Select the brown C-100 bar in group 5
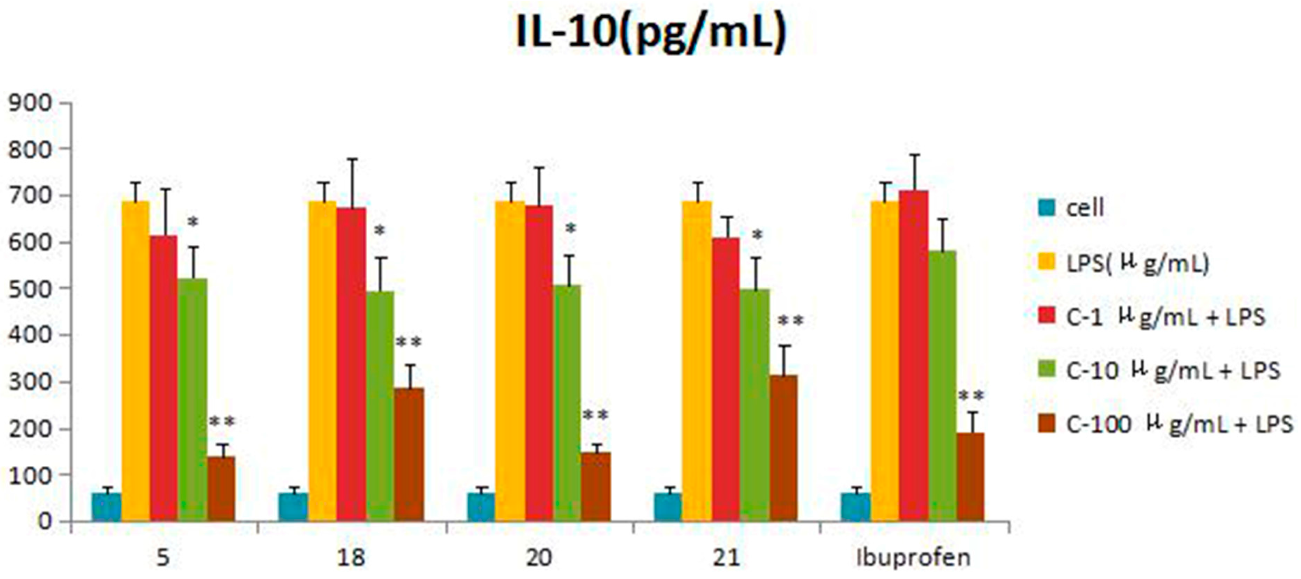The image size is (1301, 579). point(221,488)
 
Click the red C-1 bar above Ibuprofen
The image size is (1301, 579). point(914,356)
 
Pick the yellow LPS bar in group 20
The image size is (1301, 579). point(510,361)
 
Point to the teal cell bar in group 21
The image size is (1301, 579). point(668,507)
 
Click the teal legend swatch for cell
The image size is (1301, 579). point(1047,208)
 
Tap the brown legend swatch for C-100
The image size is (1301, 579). point(1047,424)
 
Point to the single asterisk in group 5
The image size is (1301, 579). point(193,222)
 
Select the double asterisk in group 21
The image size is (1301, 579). point(790,321)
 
